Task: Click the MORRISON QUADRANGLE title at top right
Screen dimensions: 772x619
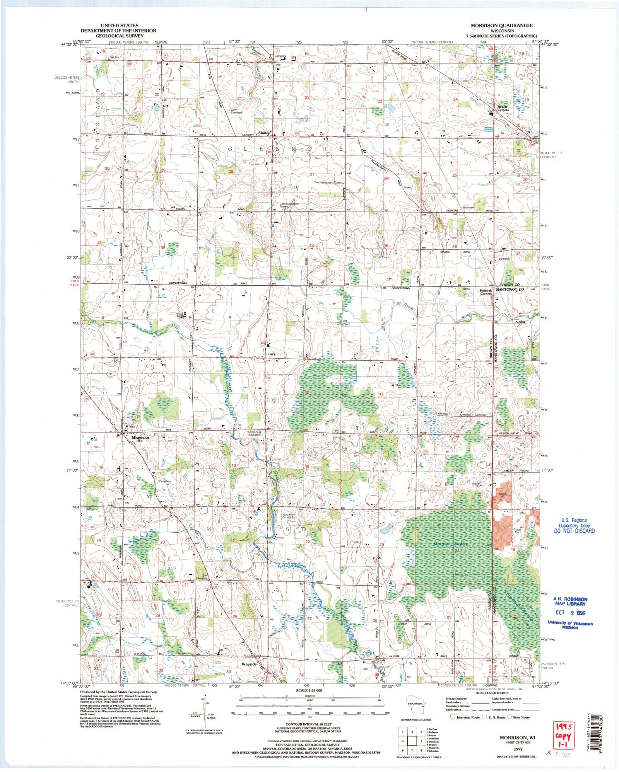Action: (501, 26)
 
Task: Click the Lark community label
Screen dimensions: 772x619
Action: (272, 354)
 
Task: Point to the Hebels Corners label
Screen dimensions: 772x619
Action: (503, 108)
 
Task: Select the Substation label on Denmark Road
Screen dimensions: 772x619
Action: (469, 208)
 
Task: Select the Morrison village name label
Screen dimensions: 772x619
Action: (140, 438)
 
